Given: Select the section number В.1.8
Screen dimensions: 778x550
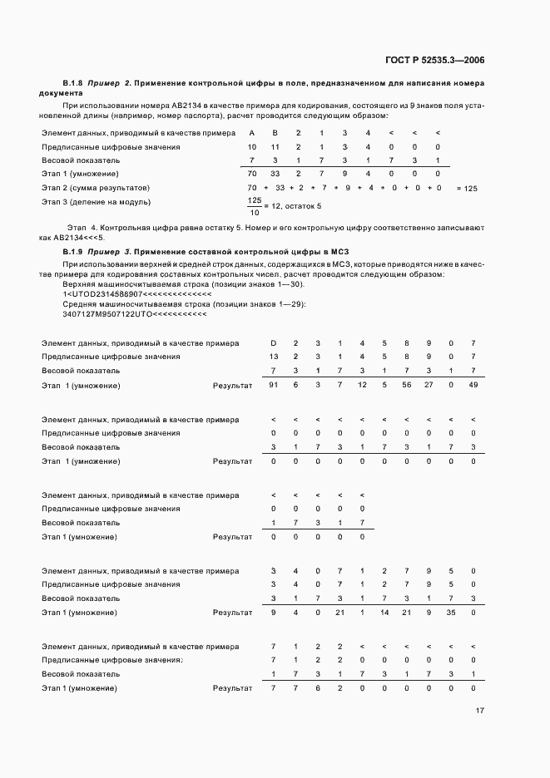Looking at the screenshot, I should pyautogui.click(x=73, y=83).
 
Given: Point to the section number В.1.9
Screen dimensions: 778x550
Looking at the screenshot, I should pyautogui.click(x=73, y=250).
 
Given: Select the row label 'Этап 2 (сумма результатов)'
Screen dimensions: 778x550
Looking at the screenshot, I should pyautogui.click(x=94, y=189).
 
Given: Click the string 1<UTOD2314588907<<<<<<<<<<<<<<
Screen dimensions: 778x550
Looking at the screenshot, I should pyautogui.click(x=137, y=294).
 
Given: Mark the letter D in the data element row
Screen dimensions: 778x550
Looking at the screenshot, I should pyautogui.click(x=273, y=343).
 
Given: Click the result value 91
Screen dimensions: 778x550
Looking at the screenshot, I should pyautogui.click(x=273, y=385).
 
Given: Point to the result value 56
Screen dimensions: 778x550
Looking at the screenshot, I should pyautogui.click(x=406, y=385).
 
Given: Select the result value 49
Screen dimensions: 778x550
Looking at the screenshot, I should pyautogui.click(x=473, y=385).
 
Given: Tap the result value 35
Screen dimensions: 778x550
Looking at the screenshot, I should pyautogui.click(x=450, y=613).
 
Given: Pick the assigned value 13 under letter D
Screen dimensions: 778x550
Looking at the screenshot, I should pyautogui.click(x=273, y=357).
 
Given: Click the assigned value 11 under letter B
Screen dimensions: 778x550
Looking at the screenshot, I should pyautogui.click(x=275, y=147).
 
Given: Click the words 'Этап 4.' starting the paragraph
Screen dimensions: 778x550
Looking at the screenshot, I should pyautogui.click(x=81, y=227).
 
